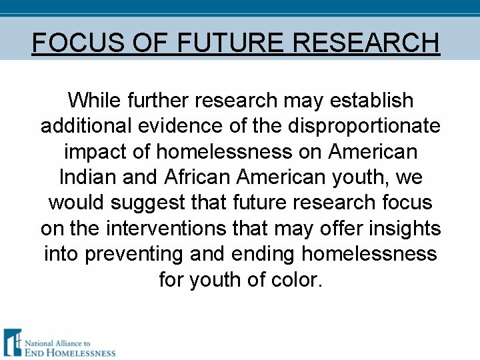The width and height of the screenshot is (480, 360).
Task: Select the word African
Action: pos(186,177)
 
